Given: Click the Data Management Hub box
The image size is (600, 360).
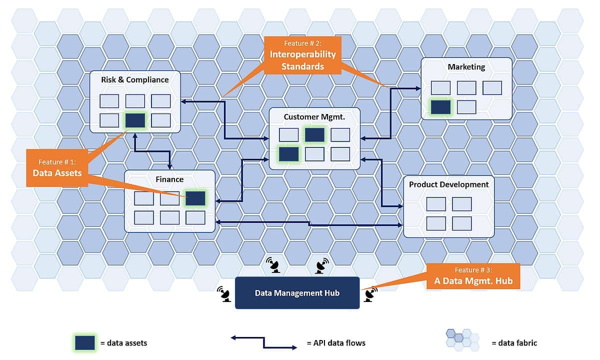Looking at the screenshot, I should pyautogui.click(x=297, y=293).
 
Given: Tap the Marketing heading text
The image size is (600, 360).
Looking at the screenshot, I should pyautogui.click(x=466, y=66).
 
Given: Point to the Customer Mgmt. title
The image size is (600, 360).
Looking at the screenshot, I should pyautogui.click(x=314, y=117).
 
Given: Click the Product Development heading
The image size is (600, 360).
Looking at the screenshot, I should pyautogui.click(x=448, y=184).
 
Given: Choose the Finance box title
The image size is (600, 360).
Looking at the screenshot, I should pyautogui.click(x=169, y=179).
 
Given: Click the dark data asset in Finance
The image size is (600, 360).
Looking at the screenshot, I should pyautogui.click(x=195, y=198).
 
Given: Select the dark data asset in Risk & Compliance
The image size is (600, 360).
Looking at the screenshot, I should pyautogui.click(x=135, y=120).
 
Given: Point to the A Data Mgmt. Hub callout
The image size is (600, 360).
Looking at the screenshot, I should pyautogui.click(x=469, y=276).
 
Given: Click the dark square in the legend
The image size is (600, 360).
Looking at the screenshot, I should pyautogui.click(x=85, y=343).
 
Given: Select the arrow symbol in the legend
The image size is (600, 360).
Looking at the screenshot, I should pyautogui.click(x=263, y=342).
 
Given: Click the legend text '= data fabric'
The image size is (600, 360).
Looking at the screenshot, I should pyautogui.click(x=514, y=343).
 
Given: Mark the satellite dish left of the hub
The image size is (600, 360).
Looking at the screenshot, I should pyautogui.click(x=223, y=294).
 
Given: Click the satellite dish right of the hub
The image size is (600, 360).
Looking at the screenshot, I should pyautogui.click(x=369, y=294).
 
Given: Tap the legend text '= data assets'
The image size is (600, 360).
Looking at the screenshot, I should pyautogui.click(x=123, y=343).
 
